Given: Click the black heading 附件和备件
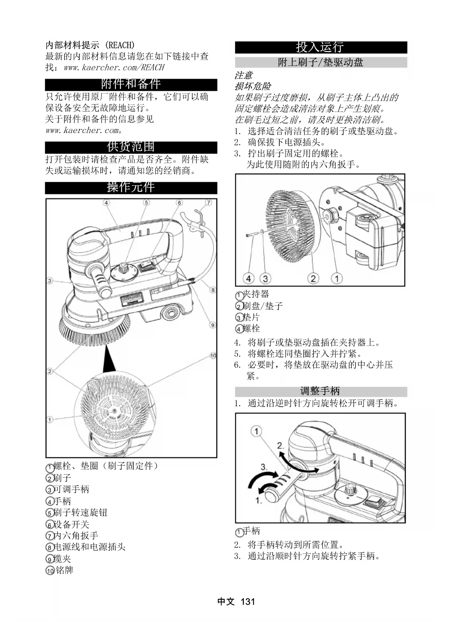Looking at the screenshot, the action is [131, 84].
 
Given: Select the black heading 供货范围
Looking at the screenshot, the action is [131, 147].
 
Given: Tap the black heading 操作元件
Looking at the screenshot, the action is [131, 187].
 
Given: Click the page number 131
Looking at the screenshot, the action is [248, 601].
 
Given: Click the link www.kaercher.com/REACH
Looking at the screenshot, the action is [114, 68].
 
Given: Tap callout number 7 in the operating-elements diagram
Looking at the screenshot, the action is [208, 203].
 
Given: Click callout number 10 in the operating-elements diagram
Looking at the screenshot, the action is [213, 356].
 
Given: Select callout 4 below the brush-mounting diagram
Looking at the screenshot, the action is [249, 279].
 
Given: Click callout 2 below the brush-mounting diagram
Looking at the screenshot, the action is [313, 279].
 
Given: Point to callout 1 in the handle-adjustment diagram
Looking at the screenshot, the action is [256, 431].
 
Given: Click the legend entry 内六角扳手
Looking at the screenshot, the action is [76, 536].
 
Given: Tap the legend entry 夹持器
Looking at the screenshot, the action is [256, 294].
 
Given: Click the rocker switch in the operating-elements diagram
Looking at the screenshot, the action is [147, 266].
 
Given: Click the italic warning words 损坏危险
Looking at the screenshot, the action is [253, 86].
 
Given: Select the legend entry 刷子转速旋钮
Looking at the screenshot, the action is [80, 513].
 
